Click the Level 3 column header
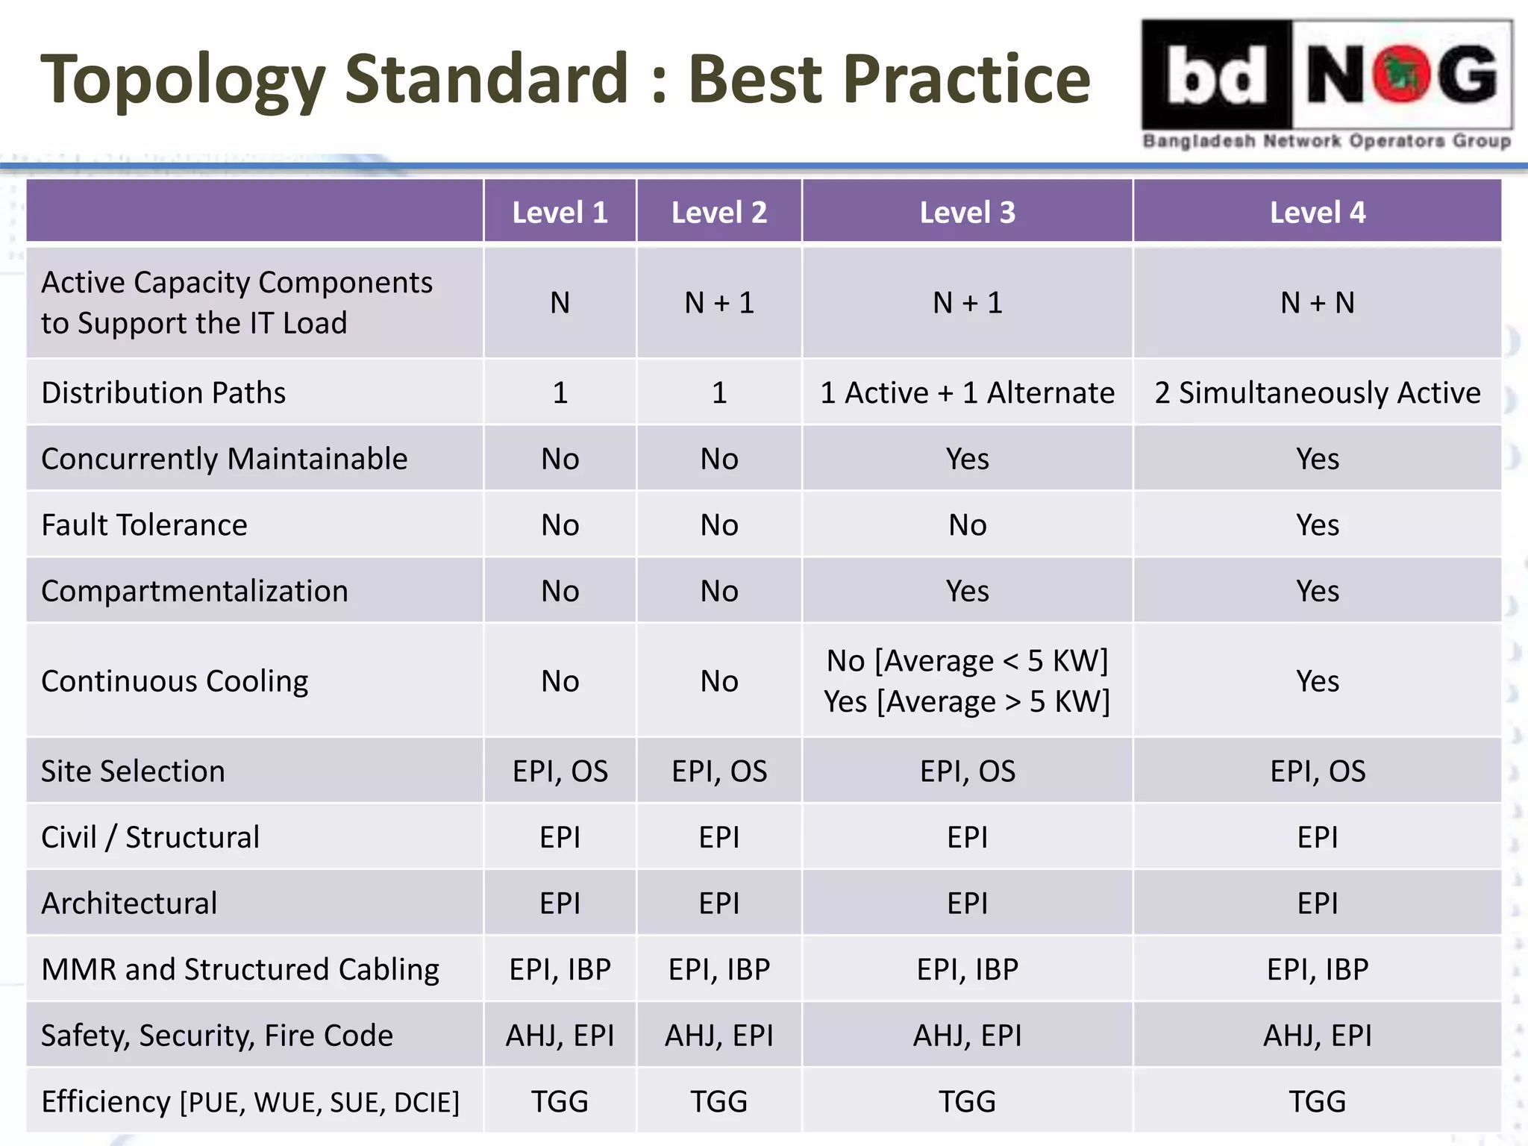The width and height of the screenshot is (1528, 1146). pos(967,213)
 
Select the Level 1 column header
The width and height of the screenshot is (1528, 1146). pos(560,213)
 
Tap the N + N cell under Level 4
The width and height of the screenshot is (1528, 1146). pos(1317,303)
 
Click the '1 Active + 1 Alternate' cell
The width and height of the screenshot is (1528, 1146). pos(967,392)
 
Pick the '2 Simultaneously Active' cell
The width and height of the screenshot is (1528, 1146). pos(1317,392)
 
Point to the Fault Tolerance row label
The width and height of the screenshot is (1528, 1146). pos(144,525)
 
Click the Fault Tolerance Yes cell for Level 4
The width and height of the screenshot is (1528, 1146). pos(1317,525)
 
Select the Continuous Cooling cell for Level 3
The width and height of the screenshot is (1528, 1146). pos(967,681)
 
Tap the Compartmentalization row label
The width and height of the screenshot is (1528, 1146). pos(195,591)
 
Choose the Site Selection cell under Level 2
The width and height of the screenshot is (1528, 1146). pos(719,771)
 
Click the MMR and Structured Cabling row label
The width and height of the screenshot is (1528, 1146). pos(240,969)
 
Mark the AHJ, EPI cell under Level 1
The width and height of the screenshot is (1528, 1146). pos(560,1036)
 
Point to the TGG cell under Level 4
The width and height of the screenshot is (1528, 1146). pos(1317,1101)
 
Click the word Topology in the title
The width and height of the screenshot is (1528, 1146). pos(183,81)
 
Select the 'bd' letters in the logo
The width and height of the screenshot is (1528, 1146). pos(1216,75)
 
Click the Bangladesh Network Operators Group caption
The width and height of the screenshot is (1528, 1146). pos(1327,141)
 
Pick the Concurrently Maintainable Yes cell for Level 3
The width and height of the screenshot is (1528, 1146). pos(967,459)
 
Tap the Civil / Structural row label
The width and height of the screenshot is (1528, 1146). pos(150,837)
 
